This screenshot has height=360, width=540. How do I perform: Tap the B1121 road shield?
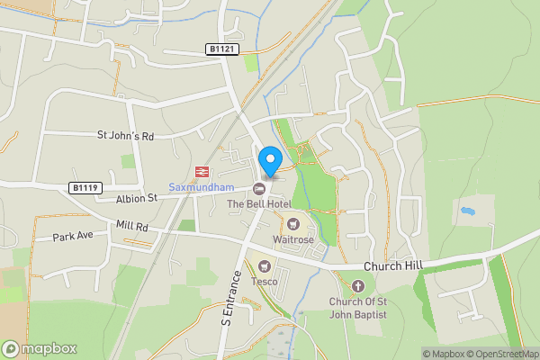coord(222,49)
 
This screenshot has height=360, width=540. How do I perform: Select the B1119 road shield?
coord(85,187)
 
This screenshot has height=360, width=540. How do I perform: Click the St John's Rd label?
coord(126,135)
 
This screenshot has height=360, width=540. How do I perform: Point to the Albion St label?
coord(136,198)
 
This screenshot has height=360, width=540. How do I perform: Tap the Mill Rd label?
coord(130,225)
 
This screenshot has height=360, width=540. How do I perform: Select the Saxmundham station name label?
coord(201,187)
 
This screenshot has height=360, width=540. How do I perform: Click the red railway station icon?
coord(201,171)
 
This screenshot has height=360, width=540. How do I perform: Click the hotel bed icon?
coord(259,188)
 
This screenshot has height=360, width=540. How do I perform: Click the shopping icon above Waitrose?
coord(292,223)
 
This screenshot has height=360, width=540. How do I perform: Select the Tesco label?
coord(264,281)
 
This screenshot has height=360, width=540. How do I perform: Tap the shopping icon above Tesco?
coord(264,265)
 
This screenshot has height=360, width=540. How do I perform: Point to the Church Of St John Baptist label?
coord(357,308)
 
